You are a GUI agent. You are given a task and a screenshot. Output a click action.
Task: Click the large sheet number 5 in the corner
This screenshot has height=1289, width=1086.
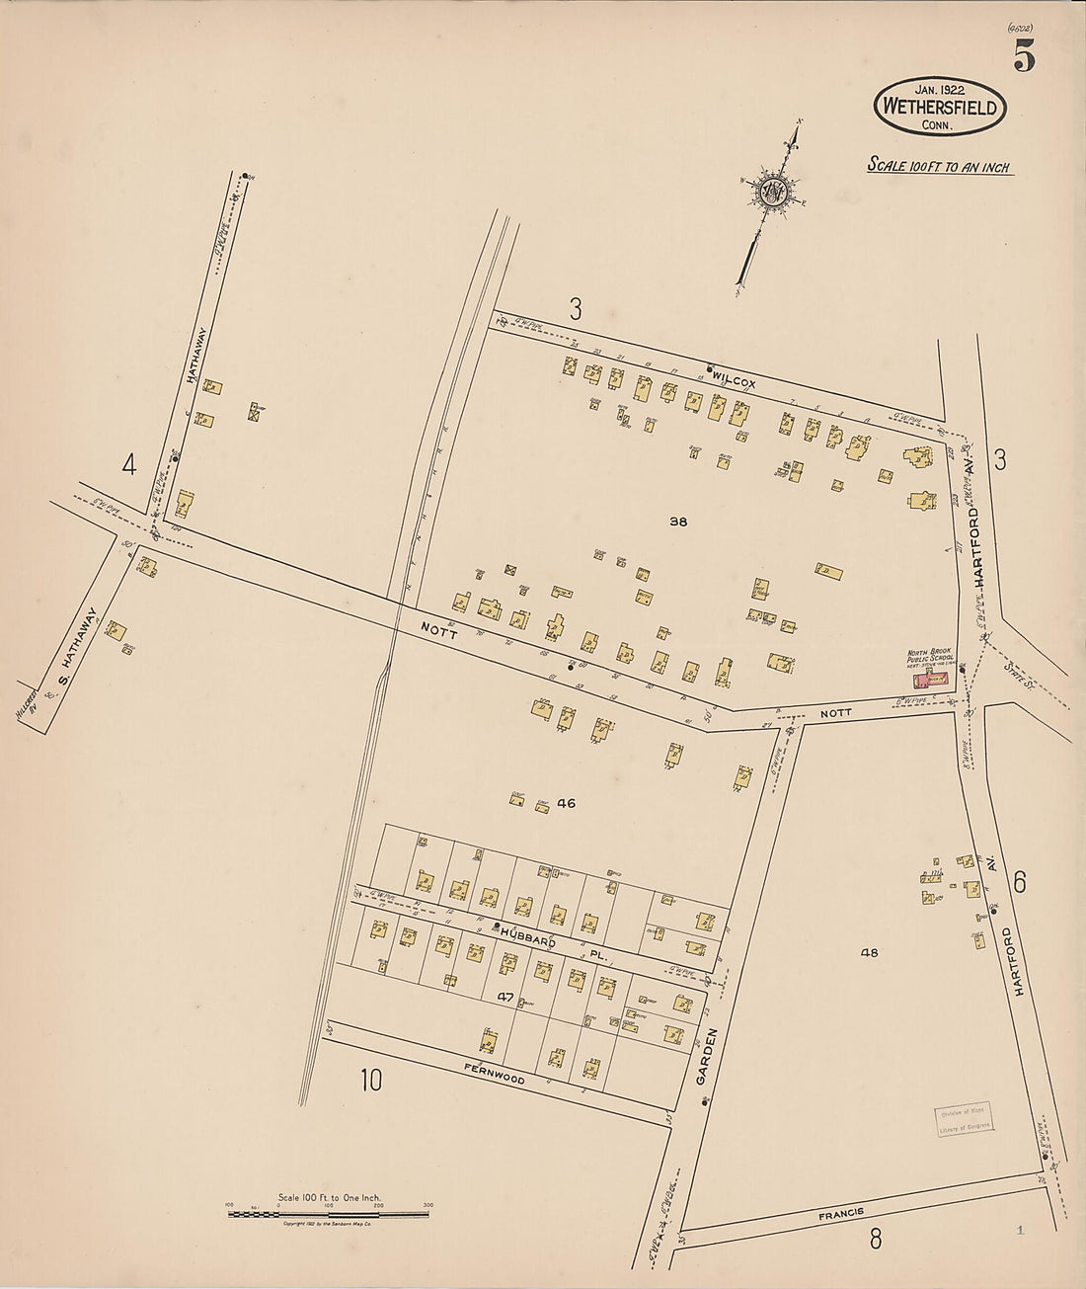[1023, 59]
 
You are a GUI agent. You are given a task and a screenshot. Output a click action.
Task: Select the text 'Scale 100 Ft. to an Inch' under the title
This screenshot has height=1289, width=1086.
[939, 166]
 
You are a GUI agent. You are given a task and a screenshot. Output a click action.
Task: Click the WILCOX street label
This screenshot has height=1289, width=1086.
[734, 381]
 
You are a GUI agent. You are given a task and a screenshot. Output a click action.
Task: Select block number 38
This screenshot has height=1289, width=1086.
[677, 522]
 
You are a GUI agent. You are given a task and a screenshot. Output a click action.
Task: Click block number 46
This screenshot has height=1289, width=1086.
[566, 803]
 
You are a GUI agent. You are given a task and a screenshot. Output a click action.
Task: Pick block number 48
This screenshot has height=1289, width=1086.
[869, 953]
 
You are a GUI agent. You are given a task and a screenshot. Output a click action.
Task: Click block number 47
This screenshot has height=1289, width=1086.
[505, 998]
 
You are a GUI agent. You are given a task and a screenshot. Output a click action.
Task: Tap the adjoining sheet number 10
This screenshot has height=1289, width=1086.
[370, 1081]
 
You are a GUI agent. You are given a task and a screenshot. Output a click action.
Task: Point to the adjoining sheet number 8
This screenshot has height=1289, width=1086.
[875, 1239]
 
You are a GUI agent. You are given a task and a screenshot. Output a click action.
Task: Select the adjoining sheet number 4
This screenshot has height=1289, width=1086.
[128, 463]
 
